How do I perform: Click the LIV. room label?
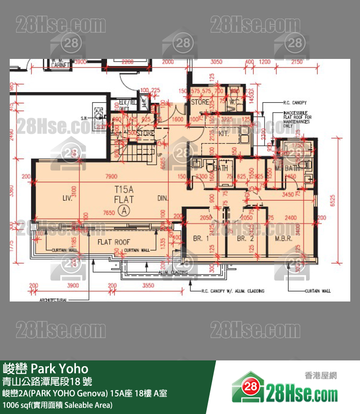coord(68,198)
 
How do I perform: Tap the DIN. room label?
coord(163,198)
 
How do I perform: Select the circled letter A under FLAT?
coord(125,210)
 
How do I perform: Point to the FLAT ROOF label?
coord(113,242)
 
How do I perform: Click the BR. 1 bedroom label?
coord(201,239)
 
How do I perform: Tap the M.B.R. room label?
coord(283,239)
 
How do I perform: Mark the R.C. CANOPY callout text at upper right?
coord(294,103)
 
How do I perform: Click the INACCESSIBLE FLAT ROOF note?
coord(297,119)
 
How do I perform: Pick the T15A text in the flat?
coord(124,189)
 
